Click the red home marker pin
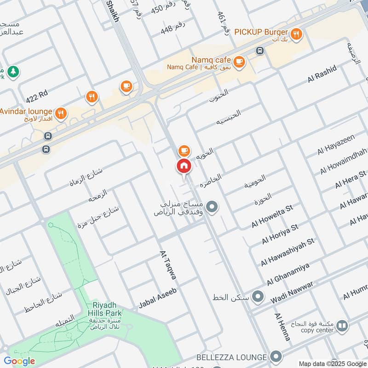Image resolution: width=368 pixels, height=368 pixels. coord(184,166)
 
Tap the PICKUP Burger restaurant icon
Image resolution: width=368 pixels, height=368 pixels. coord(297,33)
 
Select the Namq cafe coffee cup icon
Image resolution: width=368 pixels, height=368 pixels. coord(239,61)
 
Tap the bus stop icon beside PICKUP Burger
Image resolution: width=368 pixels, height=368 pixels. coord(260,51)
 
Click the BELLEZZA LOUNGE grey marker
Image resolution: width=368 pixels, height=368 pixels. coord(276,356)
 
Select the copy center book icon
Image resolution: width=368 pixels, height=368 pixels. coord(342,326)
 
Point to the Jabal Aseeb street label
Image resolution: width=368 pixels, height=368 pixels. coord(158,298)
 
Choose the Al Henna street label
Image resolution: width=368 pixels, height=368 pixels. coord(282,327)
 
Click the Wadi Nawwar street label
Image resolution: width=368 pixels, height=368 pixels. coord(292,292)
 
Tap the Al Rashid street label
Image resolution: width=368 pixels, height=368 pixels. coord(322,75)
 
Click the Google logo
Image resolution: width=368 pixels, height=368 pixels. coord(19,361)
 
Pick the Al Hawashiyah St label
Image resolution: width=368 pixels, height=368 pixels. coord(287,252)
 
